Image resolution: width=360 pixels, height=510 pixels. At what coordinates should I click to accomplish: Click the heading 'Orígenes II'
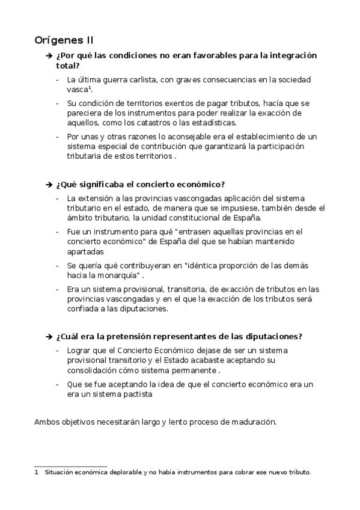[x=64, y=40]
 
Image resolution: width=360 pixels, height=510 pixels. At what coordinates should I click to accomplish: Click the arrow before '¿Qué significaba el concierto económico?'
[x=49, y=184]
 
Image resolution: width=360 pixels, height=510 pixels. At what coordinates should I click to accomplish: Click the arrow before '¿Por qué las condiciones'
[x=49, y=56]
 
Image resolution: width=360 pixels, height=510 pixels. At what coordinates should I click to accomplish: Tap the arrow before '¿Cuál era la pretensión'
[x=49, y=336]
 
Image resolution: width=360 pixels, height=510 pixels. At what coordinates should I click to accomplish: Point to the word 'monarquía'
[x=121, y=275]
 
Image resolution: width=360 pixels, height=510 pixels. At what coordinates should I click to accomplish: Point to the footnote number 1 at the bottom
[x=37, y=472]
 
